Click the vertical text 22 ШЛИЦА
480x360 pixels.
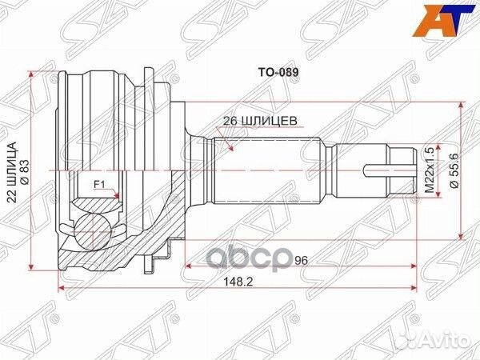[x=12, y=170]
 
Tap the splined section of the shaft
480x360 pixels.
[x=264, y=170]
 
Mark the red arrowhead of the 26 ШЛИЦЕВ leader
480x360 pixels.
[x=230, y=149]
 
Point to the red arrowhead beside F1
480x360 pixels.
[x=118, y=194]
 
